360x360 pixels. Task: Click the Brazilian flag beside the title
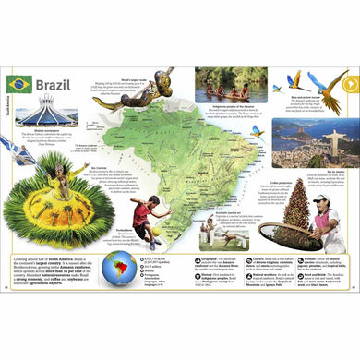coord(18,83)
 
